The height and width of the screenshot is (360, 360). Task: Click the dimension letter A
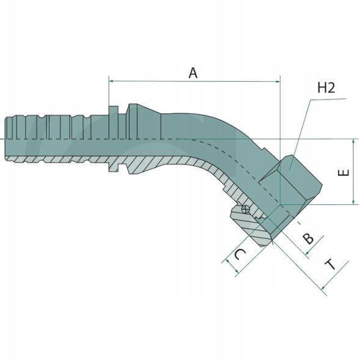coord(193,73)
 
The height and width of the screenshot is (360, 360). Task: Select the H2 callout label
coord(326,87)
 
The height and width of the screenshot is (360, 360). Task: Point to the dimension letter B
coord(307,238)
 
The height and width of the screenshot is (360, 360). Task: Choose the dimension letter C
coord(240,254)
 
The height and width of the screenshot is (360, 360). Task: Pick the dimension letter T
coord(331,265)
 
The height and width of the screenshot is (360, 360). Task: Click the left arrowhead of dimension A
coord(111,81)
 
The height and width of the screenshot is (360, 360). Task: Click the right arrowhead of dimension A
coord(278,81)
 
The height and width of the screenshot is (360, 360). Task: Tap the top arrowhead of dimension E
coord(353,141)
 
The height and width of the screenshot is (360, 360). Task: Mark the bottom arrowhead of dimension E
coord(353,202)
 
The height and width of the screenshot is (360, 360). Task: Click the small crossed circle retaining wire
coord(246,209)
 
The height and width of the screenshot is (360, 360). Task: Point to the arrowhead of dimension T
coord(323,287)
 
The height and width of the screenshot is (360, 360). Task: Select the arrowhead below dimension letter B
coord(307,253)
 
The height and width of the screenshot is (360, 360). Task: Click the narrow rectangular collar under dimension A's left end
coord(114,139)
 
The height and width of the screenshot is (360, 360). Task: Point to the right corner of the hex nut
coord(322,184)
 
